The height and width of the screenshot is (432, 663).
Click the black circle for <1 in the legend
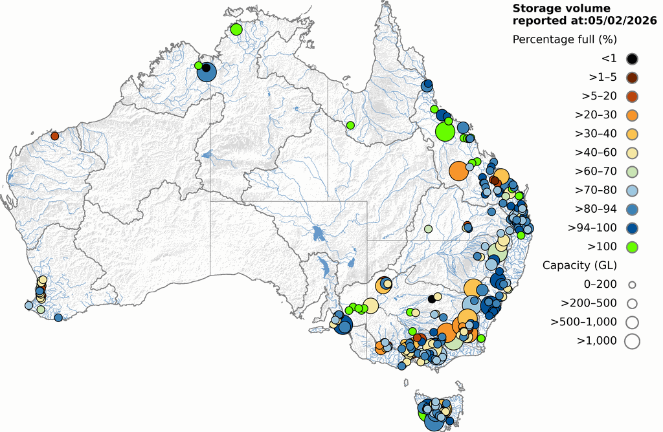632,59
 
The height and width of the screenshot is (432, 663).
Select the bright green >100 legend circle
632,246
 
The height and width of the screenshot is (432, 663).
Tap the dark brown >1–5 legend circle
632,78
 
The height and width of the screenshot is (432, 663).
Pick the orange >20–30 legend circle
632,115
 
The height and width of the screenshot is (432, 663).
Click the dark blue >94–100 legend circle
632,228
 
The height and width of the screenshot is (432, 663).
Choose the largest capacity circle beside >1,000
632,340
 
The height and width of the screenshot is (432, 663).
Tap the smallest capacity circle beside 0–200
632,284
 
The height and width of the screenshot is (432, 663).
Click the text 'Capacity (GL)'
579,265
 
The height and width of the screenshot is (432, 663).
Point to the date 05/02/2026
622,21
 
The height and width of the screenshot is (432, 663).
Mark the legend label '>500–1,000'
583,321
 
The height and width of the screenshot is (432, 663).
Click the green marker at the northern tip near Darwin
236,29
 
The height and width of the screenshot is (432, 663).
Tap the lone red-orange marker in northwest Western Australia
55,136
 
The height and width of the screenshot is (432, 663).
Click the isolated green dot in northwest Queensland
350,125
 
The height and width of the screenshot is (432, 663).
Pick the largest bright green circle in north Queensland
445,132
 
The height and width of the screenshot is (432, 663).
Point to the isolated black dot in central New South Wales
432,299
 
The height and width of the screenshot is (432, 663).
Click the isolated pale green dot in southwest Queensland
428,229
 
